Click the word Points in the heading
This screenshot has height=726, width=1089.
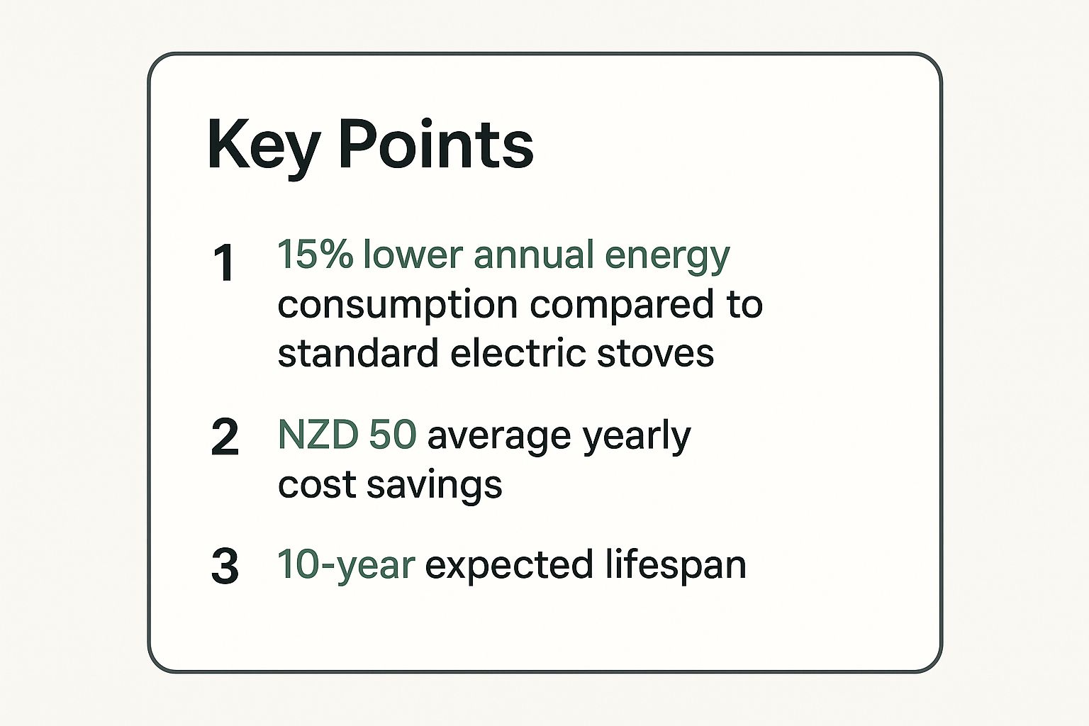point(436,144)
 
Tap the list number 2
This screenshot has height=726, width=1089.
point(225,437)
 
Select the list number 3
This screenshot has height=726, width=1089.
point(225,566)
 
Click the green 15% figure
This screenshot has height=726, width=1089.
point(315,254)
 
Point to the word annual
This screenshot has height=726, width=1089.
point(534,255)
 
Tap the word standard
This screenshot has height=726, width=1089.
point(358,352)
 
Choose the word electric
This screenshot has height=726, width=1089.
point(518,352)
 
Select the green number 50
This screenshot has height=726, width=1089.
point(392,434)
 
